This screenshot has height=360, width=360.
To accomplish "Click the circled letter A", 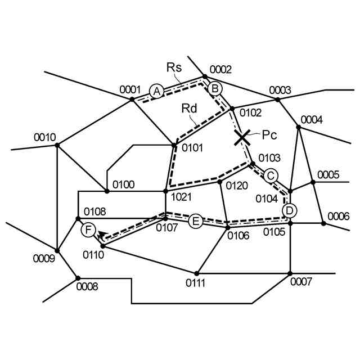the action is pos(157,91).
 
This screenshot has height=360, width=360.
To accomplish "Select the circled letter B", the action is pos(215,89).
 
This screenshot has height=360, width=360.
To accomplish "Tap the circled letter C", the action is pos(271,175).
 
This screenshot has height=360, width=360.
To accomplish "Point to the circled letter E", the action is pos(195,221).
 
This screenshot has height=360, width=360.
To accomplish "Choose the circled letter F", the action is pos(88,229).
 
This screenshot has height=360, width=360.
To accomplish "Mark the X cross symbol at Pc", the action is pos(242,137).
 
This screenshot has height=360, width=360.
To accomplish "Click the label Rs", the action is pos(174,67).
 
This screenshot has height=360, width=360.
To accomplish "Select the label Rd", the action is pos(188,108).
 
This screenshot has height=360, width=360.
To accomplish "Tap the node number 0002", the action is pos(220,70).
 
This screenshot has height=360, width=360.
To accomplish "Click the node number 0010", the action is pos(44,137).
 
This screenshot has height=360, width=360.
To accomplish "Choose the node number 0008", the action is pos(87,286).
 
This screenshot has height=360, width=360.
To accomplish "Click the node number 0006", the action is pos(338,216).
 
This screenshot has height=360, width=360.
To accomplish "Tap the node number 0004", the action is pos(312,120).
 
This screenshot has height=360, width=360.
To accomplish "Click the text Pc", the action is pos(269,134).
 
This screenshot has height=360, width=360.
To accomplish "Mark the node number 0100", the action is pos(123,184).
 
